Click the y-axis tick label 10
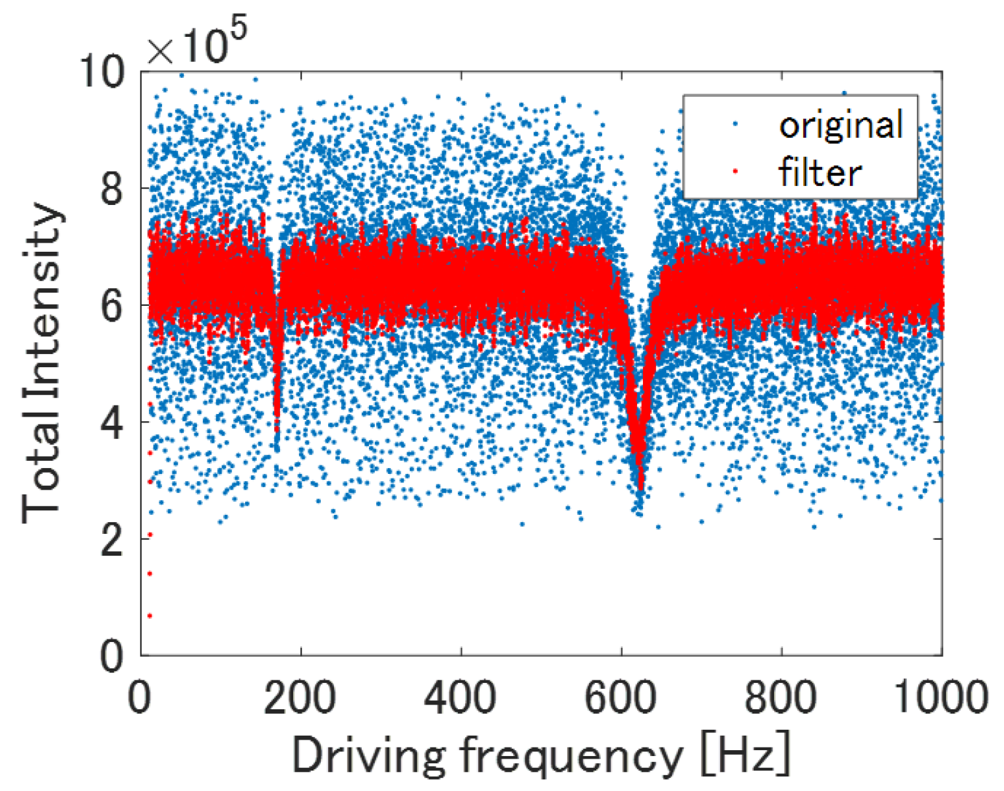point(102,71)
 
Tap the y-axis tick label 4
point(113,423)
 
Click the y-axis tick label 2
point(113,539)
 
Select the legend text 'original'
point(841,125)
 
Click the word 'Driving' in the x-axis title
point(368,755)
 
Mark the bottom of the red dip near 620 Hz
point(639,488)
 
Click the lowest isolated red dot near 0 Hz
point(150,616)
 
